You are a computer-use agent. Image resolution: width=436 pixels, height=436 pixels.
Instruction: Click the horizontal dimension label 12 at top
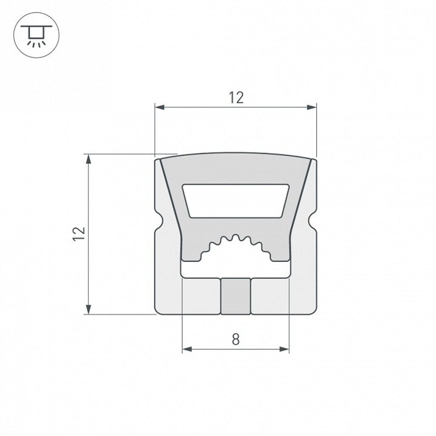[x=236, y=98]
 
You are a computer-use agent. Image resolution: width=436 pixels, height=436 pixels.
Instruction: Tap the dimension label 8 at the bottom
[x=235, y=339]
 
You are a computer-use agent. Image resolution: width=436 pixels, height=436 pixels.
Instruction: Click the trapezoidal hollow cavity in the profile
[x=235, y=201]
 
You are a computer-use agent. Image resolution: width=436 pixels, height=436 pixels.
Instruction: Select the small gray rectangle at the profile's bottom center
[x=235, y=296]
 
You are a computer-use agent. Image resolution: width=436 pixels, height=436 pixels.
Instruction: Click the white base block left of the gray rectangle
[x=201, y=296]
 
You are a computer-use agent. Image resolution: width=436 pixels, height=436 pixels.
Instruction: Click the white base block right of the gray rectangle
[x=270, y=296]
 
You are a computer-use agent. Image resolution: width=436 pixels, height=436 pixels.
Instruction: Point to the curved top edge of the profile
[x=235, y=153]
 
